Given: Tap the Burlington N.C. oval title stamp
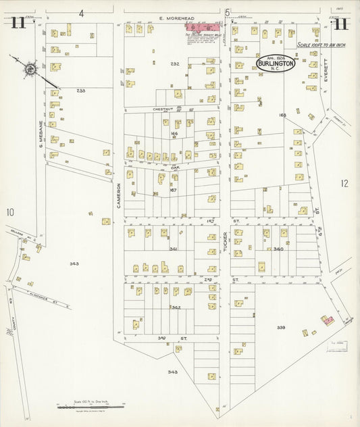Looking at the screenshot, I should click(x=275, y=64).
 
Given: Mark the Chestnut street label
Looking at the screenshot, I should click(x=163, y=108).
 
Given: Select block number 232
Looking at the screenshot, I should click(x=175, y=64).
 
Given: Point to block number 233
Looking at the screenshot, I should click(x=82, y=91).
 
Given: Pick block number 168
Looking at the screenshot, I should click(x=282, y=115).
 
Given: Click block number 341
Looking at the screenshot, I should click(x=174, y=249).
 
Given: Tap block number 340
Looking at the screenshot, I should click(x=278, y=249).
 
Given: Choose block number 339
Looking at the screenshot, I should click(x=281, y=328).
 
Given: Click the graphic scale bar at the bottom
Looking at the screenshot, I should click(x=91, y=407).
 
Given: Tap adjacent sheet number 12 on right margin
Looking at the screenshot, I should click(x=344, y=183).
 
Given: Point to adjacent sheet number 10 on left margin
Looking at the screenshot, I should click(x=11, y=212).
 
